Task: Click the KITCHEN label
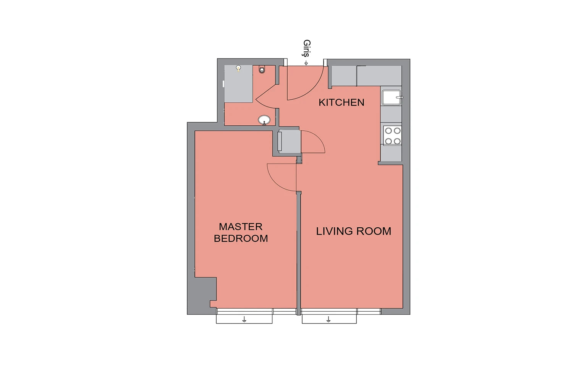341,103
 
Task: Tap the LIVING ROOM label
353,231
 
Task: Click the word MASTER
241,227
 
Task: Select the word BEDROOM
241,238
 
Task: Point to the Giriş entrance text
307,48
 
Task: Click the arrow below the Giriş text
306,63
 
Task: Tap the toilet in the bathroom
262,70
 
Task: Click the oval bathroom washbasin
264,120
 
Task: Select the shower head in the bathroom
238,68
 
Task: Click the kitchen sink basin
391,97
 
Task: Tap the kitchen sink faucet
400,97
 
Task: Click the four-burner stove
392,136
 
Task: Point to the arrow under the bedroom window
244,319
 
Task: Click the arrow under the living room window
329,319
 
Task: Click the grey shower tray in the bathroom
239,84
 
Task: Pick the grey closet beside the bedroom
290,141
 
